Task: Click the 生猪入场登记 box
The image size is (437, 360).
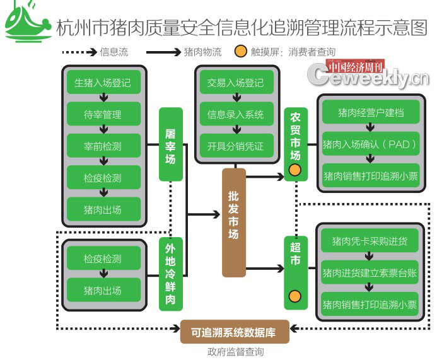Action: coord(103,83)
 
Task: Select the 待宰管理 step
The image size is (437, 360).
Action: coord(103,115)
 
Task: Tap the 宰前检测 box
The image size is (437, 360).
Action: coord(103,146)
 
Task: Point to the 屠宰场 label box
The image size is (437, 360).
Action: coord(170,144)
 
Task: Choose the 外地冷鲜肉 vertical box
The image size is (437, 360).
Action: coord(170,274)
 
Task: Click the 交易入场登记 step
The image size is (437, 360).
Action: coord(235,83)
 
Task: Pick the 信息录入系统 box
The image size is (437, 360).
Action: coord(235,115)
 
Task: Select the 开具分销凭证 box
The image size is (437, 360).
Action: coord(235,146)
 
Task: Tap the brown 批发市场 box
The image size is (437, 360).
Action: coord(233,223)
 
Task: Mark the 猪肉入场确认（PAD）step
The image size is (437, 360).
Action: coord(370,144)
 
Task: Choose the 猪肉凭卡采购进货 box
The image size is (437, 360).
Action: coord(370,241)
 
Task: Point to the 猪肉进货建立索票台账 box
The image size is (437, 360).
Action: coord(370,272)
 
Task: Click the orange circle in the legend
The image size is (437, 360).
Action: coord(240,52)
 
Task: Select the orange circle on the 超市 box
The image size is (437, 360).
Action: coord(294,296)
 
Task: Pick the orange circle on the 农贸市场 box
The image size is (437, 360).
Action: coord(294,169)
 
